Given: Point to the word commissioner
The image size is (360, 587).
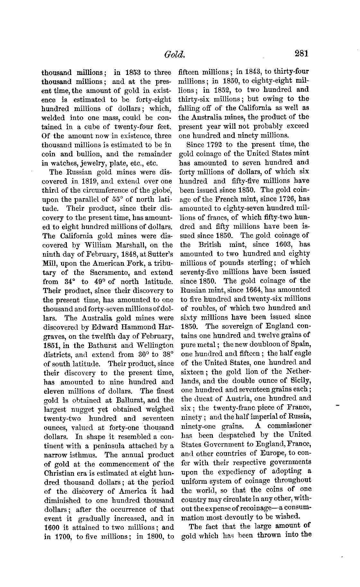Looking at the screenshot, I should pos(289,426).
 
